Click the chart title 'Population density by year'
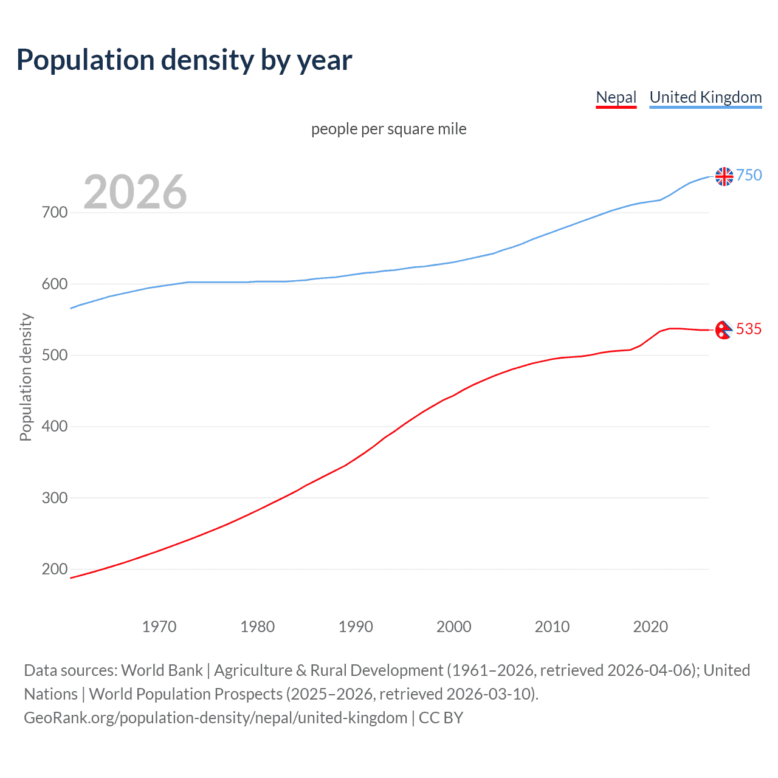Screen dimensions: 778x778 point(184,60)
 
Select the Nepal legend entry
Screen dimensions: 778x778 point(616,97)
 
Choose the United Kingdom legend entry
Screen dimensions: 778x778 point(705,97)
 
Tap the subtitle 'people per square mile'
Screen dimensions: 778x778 point(388,129)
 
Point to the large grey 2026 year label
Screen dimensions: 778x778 point(135,192)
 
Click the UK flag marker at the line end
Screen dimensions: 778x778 point(724,176)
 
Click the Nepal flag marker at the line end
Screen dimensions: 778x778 point(723,330)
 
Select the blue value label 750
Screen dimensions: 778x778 point(749,176)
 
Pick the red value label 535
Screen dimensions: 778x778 point(749,329)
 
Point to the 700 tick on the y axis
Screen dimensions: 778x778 point(55,213)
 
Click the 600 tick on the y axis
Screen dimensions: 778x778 point(55,284)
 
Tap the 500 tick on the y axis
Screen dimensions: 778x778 point(55,355)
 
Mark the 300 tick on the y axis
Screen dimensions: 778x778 point(55,498)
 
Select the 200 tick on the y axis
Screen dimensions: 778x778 point(55,570)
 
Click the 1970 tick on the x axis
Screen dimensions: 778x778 point(159,627)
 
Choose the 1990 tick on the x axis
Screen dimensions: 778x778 point(356,627)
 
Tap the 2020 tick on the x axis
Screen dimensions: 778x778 point(650,627)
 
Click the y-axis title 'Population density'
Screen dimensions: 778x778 point(26,377)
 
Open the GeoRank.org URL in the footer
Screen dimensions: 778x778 point(215,718)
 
